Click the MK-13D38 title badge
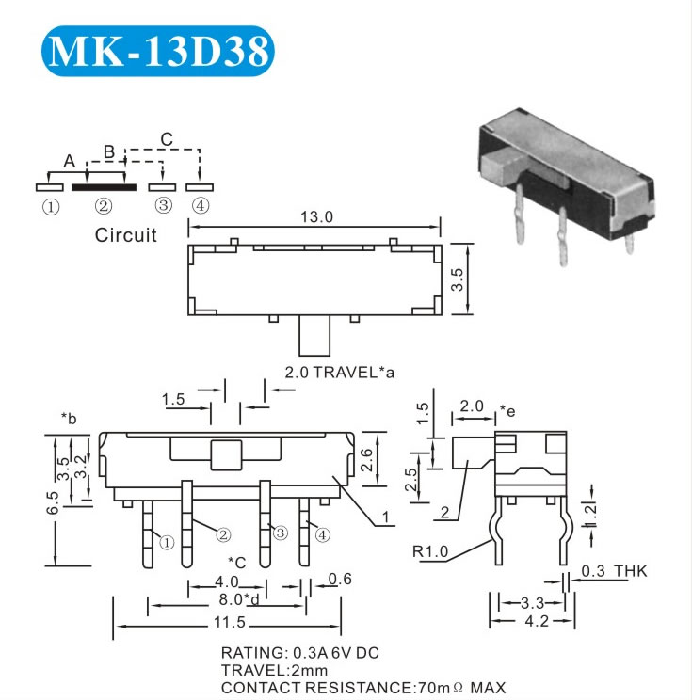tap(157, 51)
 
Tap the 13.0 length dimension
tap(316, 217)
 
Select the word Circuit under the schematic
tap(125, 235)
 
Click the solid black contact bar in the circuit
tap(105, 187)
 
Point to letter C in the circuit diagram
tap(167, 139)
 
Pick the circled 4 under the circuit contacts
tap(201, 206)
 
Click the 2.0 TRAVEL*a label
tap(340, 373)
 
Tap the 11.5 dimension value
tap(230, 622)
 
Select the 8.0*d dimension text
tap(239, 599)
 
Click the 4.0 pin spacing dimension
tap(227, 581)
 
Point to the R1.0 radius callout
tap(429, 551)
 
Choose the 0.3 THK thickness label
tap(614, 571)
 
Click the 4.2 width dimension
tap(537, 621)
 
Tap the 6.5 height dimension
tap(53, 502)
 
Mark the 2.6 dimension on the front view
tap(367, 460)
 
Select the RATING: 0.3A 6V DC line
tap(299, 653)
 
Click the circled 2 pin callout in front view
tap(223, 534)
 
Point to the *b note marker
tap(69, 419)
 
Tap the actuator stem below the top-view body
tap(314, 335)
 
